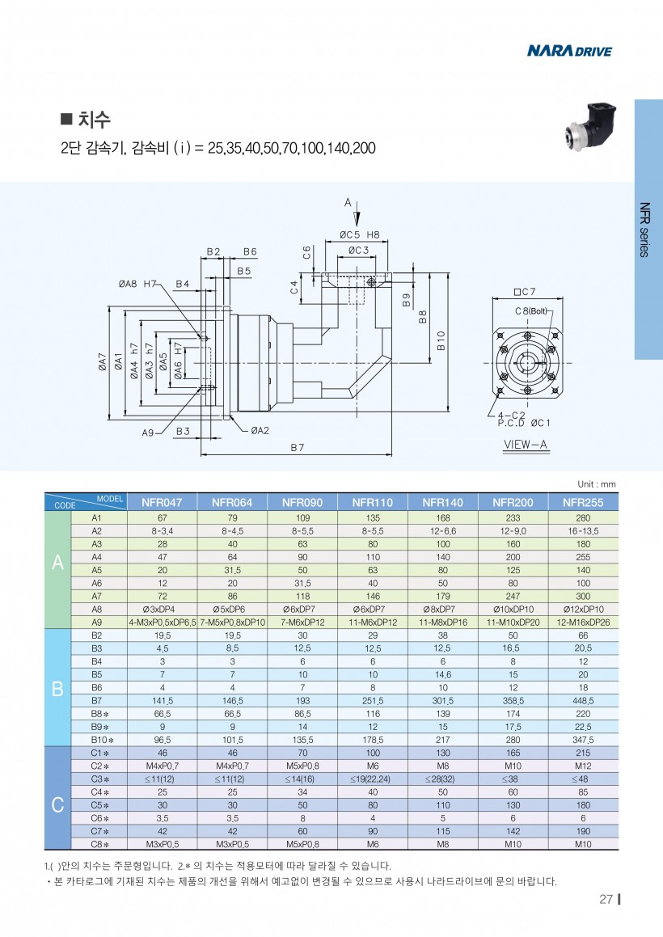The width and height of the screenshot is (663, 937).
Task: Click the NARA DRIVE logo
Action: pos(569,52)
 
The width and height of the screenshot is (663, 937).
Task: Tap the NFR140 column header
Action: pos(443,502)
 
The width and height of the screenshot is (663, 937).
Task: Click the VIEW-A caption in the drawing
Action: pos(526,445)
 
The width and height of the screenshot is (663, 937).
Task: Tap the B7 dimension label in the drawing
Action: pos(297,447)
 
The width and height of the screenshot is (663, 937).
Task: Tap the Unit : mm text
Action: pos(596,484)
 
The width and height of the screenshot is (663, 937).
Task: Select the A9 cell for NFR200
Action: pos(513,621)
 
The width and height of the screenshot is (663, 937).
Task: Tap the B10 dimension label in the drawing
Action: pos(441,340)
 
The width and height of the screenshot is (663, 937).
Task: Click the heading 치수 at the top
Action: pos(94,120)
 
